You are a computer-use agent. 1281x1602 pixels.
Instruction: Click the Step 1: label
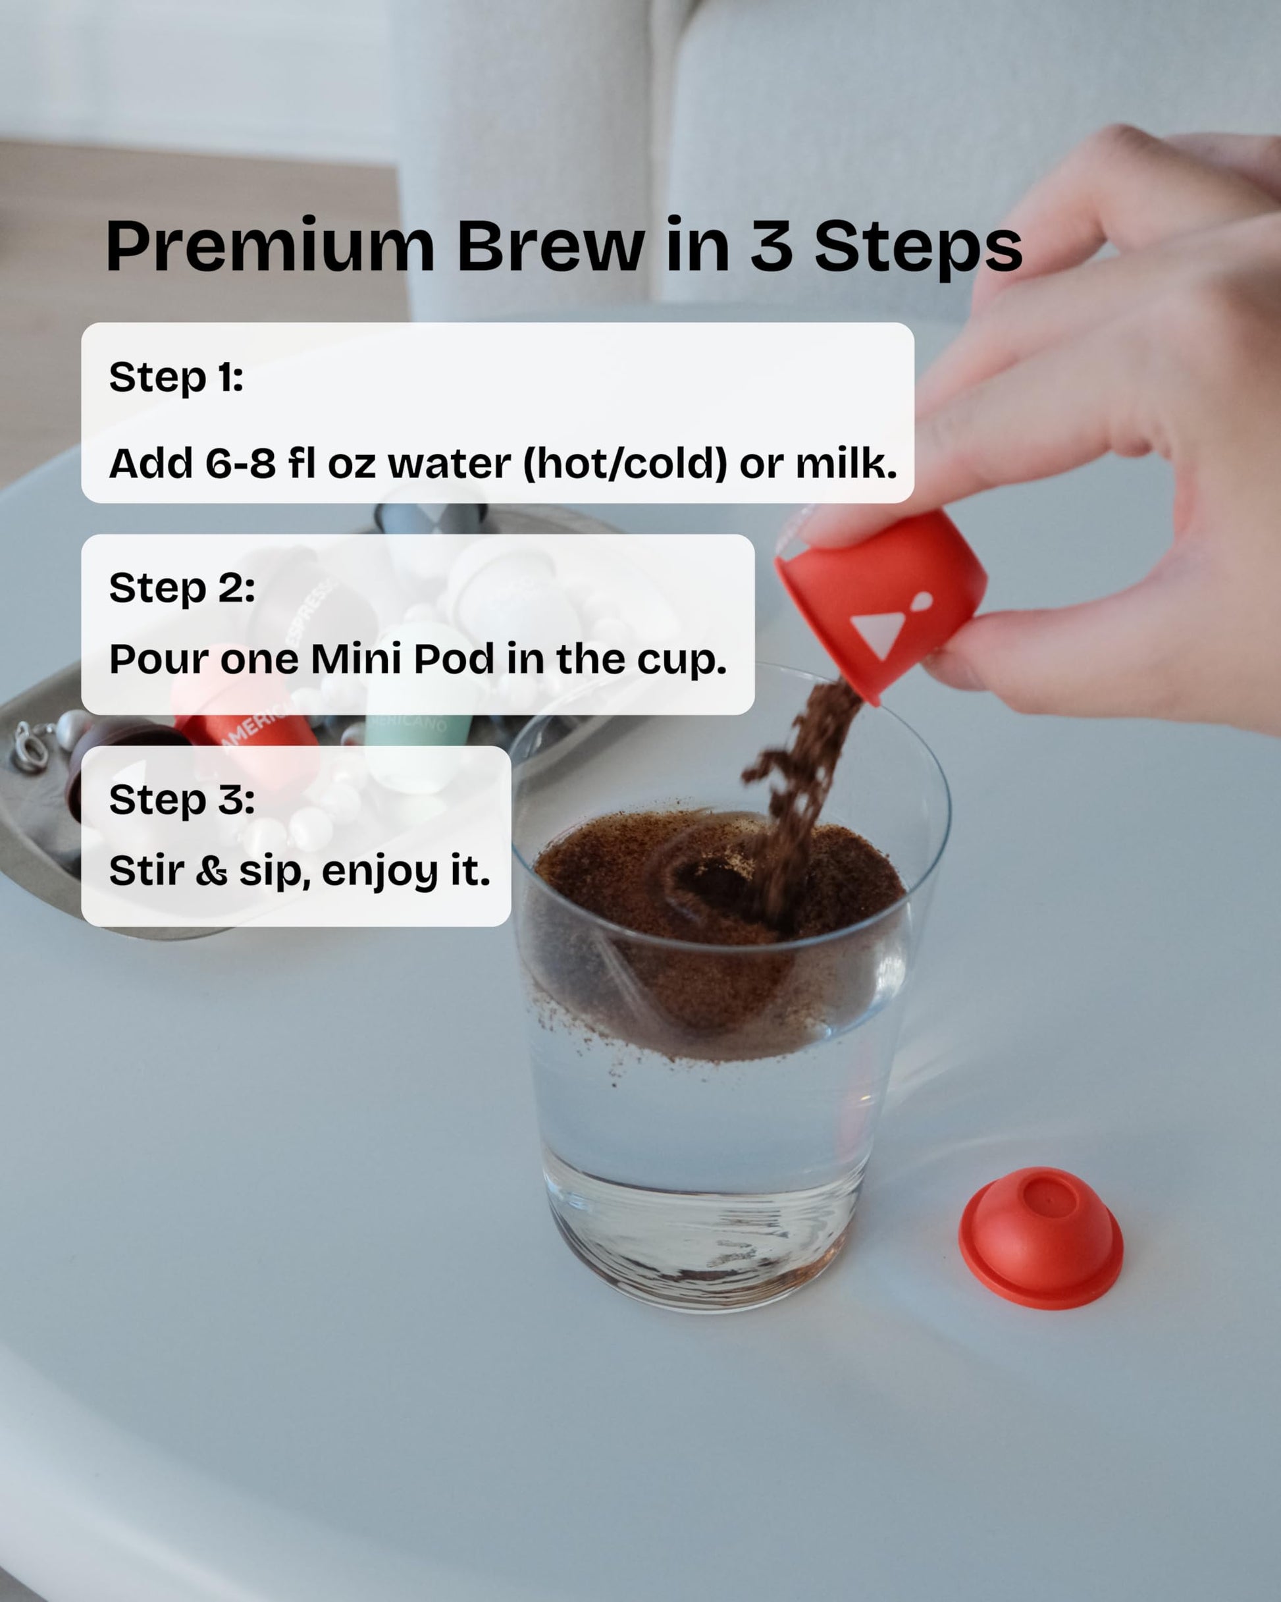176,377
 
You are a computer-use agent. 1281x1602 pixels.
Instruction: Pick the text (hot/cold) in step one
625,464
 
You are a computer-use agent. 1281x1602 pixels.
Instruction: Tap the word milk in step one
847,463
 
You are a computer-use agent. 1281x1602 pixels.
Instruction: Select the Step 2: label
182,589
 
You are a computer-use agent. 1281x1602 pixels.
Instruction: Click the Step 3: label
182,799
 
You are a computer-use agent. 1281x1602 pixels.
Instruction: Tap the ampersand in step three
212,871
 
